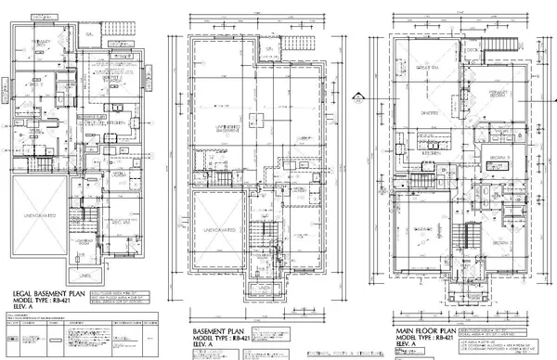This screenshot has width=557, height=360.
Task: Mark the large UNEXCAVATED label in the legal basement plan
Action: tap(39, 214)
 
